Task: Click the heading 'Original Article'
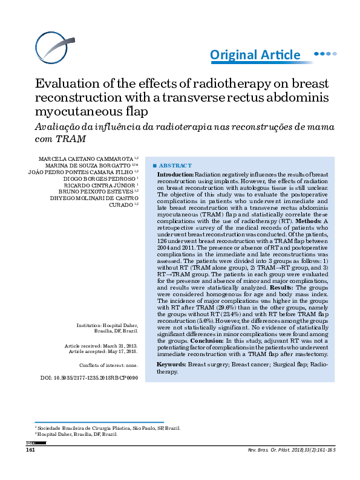click(255, 55)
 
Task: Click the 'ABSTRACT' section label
click(175, 165)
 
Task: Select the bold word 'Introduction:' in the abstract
click(175, 174)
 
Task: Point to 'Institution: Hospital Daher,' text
click(107, 325)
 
